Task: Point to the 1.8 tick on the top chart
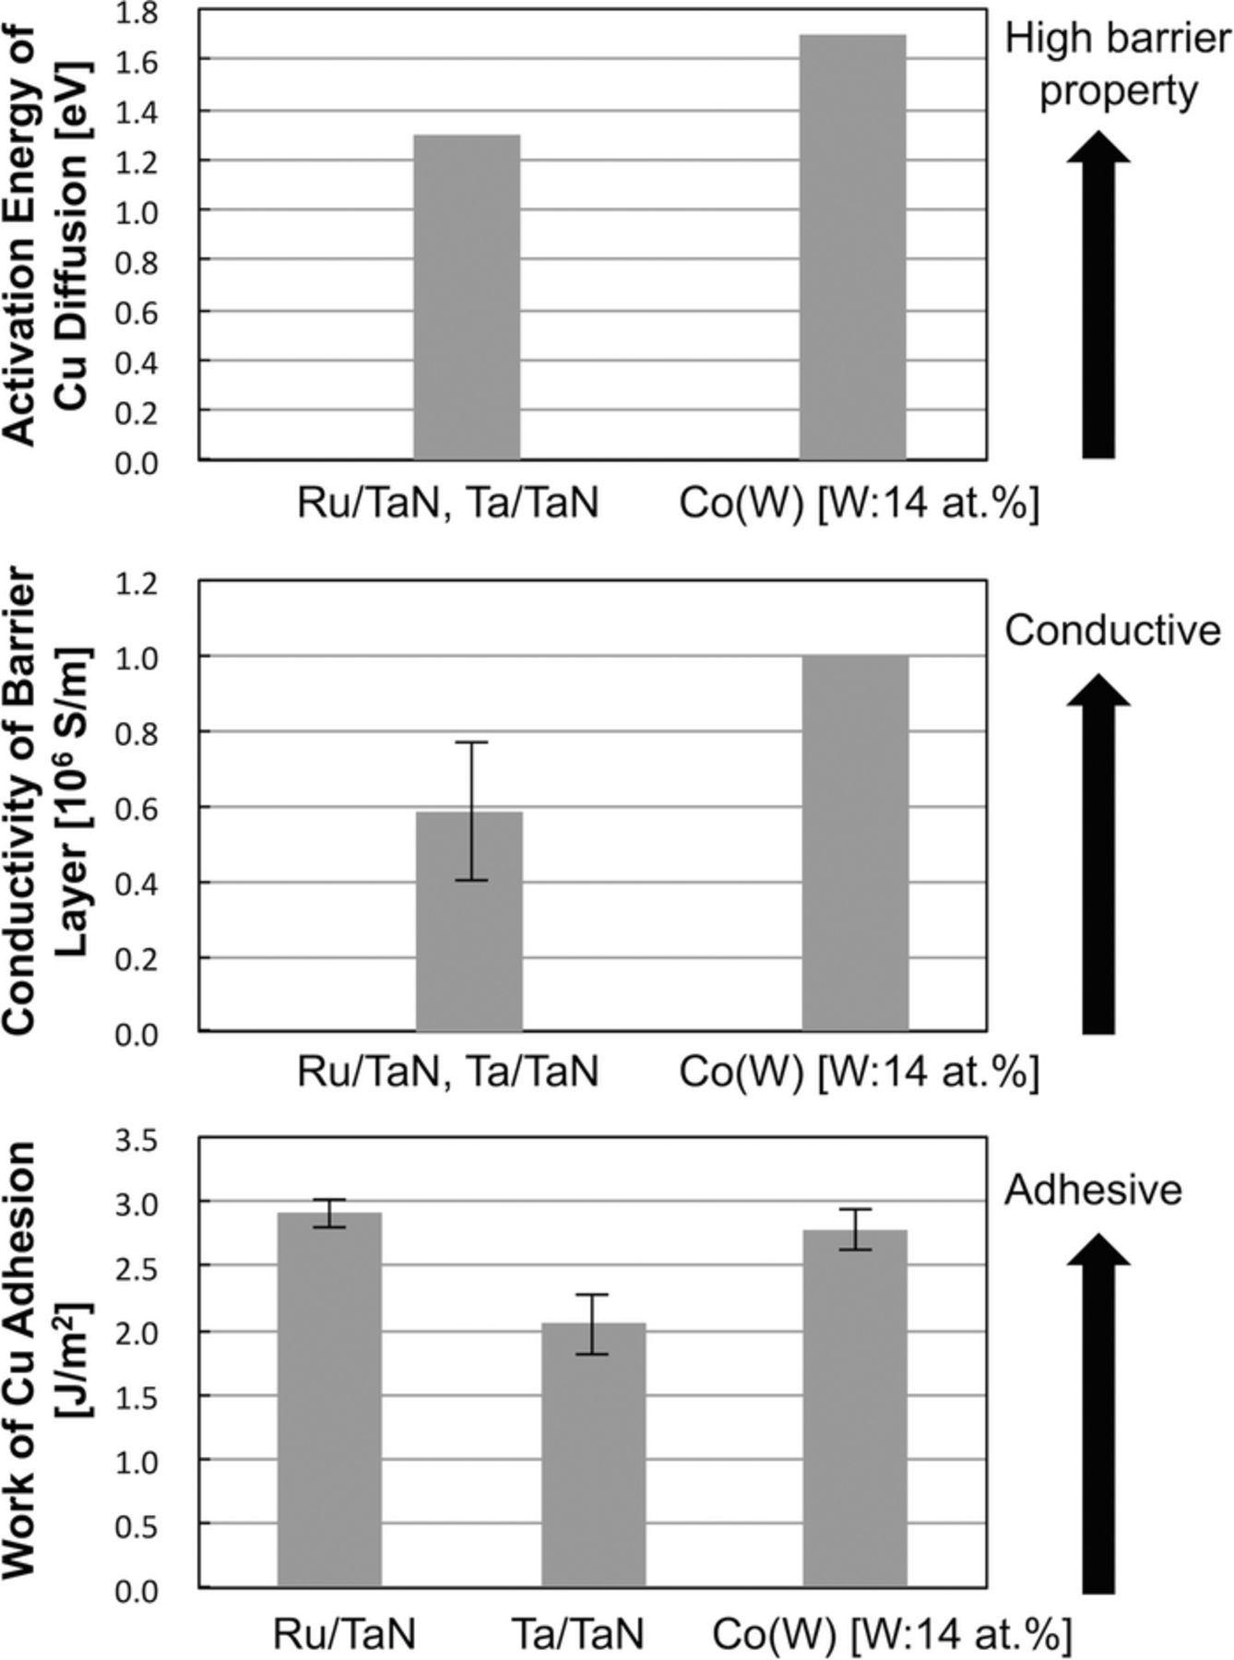click(x=137, y=13)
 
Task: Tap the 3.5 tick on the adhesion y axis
click(x=137, y=1142)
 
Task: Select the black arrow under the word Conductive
click(x=1098, y=853)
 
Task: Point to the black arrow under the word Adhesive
click(x=1098, y=1411)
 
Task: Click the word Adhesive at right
click(x=1093, y=1190)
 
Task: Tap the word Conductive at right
click(x=1112, y=631)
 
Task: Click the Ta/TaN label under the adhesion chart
click(x=577, y=1634)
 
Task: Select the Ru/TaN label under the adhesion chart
click(x=345, y=1634)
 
